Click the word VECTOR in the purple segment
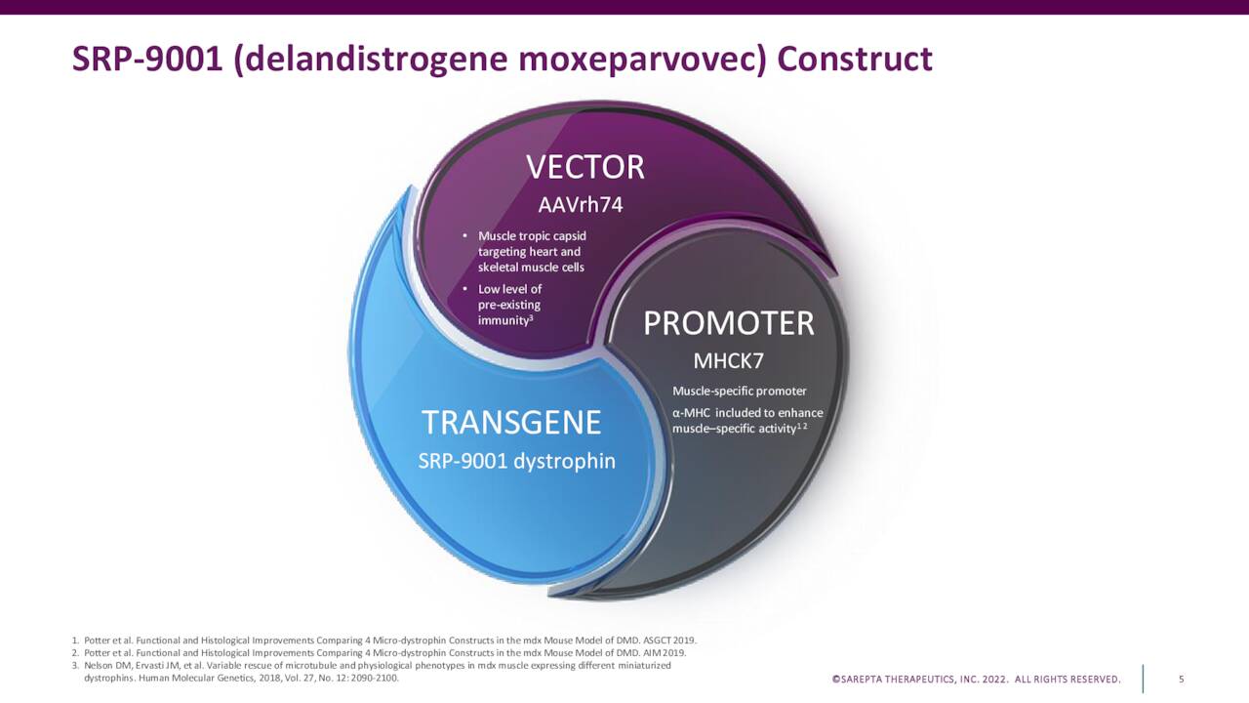point(585,168)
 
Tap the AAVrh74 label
point(580,205)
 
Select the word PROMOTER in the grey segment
point(728,324)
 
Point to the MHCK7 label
point(728,361)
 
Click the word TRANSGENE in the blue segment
point(510,423)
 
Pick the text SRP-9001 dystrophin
point(516,461)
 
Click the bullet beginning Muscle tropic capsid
point(531,252)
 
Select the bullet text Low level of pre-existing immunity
point(508,305)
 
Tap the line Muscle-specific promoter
point(739,392)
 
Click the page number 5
point(1181,680)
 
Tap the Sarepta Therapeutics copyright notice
point(976,680)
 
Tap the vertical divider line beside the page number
point(1143,679)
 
